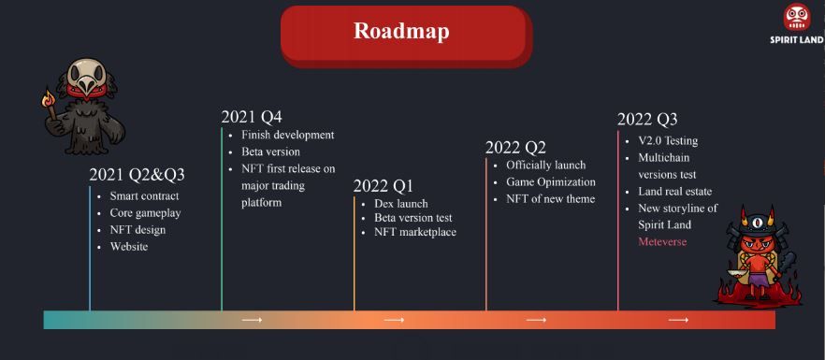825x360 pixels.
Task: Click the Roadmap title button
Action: (406, 35)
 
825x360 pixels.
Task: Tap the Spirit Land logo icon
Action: (797, 18)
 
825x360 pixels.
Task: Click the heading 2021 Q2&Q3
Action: (137, 175)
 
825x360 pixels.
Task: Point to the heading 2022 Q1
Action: (384, 186)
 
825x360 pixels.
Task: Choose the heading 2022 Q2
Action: (515, 148)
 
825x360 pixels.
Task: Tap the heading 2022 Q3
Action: (647, 120)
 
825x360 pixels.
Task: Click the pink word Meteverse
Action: (662, 241)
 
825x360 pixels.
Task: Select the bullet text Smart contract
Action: (144, 196)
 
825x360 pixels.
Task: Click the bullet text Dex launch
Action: (401, 204)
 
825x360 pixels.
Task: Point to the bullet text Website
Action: (129, 246)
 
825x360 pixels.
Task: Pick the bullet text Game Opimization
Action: (551, 182)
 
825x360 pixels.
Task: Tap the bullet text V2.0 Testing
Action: (668, 141)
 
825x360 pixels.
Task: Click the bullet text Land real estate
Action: (675, 192)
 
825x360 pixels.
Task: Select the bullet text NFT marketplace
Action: (415, 232)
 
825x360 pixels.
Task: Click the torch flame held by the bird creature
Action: (49, 97)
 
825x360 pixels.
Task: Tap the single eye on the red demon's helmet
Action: (757, 223)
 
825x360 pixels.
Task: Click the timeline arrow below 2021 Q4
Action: (252, 320)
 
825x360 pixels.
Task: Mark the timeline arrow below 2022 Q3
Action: (678, 320)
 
